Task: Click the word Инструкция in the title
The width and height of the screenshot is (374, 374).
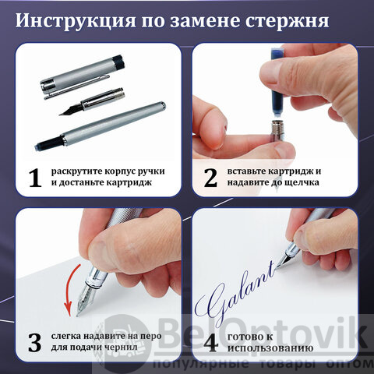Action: [76, 21]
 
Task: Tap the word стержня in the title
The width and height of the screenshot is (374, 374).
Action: [288, 21]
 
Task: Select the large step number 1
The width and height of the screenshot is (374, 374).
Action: [35, 178]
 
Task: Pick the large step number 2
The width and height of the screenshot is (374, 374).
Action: [210, 178]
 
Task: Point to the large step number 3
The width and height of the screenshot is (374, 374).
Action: [35, 343]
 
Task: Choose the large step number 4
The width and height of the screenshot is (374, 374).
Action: [210, 343]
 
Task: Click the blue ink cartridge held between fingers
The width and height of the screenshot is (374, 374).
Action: [277, 82]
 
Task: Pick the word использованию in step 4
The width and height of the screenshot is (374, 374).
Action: [270, 348]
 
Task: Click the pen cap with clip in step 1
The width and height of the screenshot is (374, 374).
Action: [83, 77]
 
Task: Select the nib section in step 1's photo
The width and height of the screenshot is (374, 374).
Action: [92, 101]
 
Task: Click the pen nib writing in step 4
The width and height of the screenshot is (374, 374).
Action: [284, 260]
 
